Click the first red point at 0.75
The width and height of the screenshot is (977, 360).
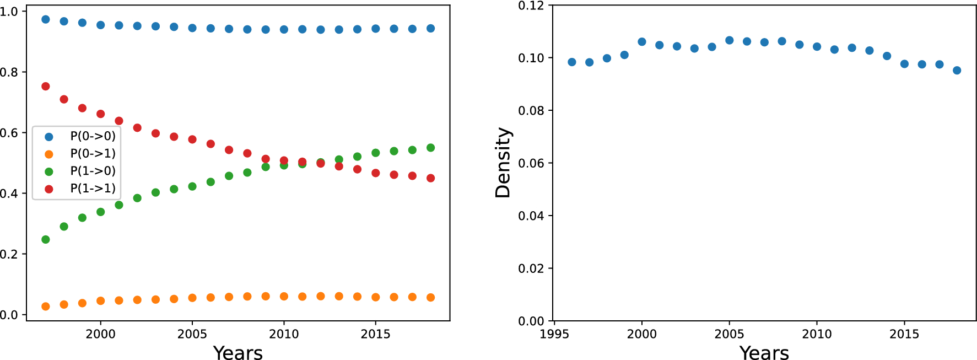[x=46, y=87]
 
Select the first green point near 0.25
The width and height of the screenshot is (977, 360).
[x=46, y=240]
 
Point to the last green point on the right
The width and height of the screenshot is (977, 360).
[x=431, y=148]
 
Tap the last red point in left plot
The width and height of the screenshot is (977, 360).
[x=431, y=178]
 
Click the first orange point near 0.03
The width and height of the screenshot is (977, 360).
[x=46, y=307]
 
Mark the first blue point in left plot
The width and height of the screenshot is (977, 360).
[x=46, y=19]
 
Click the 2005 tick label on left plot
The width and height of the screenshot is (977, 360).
[x=192, y=334]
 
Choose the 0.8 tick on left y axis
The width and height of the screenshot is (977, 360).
[x=9, y=72]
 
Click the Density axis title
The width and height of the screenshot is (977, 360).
[x=503, y=163]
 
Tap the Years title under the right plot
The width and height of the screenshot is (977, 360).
[x=764, y=353]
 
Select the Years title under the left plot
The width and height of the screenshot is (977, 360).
[x=238, y=353]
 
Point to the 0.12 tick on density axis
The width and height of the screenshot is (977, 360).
[x=531, y=6]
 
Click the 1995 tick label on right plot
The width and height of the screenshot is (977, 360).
[x=554, y=334]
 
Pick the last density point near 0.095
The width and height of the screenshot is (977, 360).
[x=957, y=71]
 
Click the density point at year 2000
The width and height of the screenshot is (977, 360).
[x=642, y=42]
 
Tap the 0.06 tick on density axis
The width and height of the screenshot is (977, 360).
[x=531, y=163]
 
